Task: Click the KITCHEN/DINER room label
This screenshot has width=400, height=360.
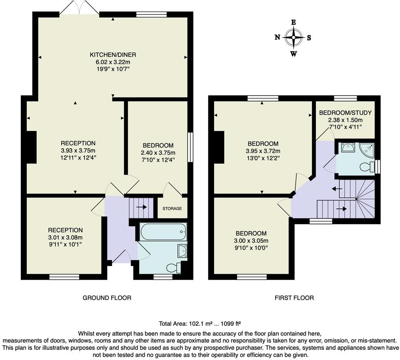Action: click(x=113, y=55)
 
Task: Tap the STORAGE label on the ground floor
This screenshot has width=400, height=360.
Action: click(x=172, y=208)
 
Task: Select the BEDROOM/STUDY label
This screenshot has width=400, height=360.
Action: click(x=345, y=113)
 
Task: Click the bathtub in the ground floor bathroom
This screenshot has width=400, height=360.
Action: click(x=163, y=232)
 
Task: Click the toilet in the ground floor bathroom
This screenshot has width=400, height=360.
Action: click(x=172, y=267)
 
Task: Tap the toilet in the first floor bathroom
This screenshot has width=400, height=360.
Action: click(x=366, y=167)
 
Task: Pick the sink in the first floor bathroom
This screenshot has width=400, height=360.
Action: click(x=347, y=148)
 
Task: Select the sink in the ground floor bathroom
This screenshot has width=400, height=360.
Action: click(x=181, y=251)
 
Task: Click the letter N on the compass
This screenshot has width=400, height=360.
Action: click(x=278, y=37)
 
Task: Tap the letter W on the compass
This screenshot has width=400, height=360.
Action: click(x=294, y=54)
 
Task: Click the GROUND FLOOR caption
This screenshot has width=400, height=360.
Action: click(x=107, y=298)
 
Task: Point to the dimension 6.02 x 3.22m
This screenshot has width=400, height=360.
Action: click(x=113, y=62)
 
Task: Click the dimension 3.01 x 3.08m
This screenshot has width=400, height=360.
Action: click(x=66, y=237)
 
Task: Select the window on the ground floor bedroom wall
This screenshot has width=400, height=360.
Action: click(x=190, y=147)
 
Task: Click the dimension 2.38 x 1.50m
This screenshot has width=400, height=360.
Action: click(x=345, y=120)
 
